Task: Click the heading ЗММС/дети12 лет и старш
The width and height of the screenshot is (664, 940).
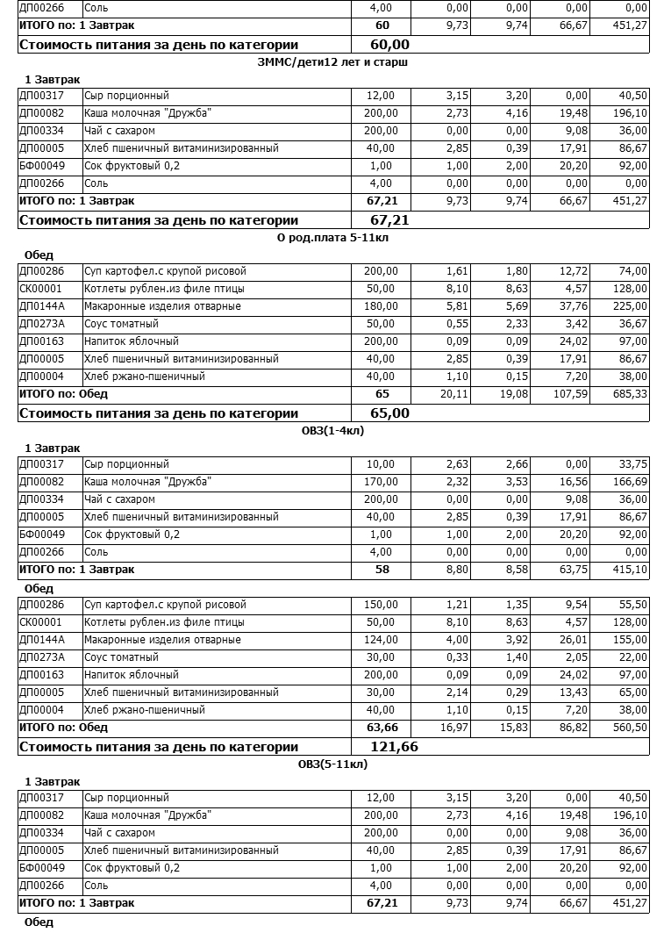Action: pos(333,62)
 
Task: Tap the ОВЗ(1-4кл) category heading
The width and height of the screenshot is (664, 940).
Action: pos(332,431)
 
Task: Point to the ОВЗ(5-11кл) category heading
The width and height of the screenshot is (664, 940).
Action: pos(332,764)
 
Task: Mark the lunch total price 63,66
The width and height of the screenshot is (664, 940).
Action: pos(382,728)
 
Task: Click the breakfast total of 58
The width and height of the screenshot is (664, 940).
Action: pos(382,570)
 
